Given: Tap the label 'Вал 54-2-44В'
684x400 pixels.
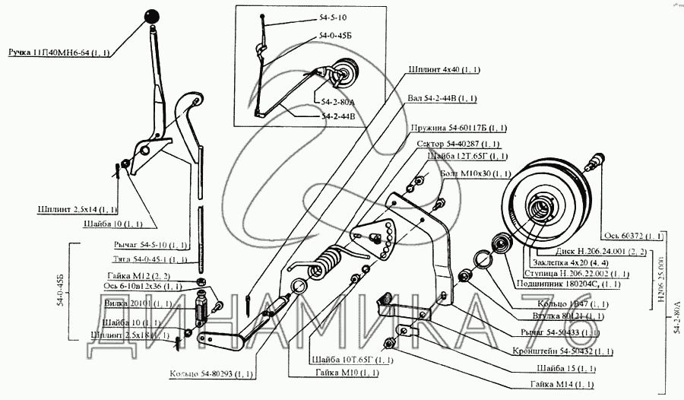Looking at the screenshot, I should tap(441, 99).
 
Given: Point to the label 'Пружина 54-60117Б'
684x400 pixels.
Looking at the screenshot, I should tap(458, 128).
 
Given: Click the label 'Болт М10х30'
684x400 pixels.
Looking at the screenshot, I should tap(476, 174).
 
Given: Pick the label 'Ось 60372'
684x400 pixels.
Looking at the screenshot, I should tap(634, 235).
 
